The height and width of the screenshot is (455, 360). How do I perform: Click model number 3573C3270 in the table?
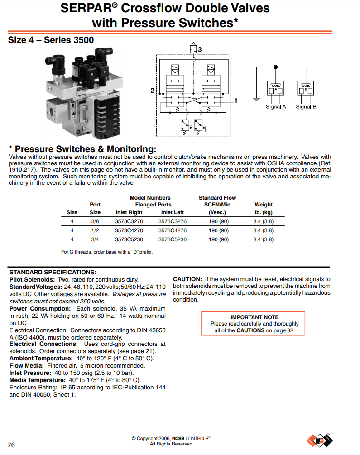tap(129, 222)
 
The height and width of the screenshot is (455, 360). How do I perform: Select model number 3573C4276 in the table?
tap(172, 230)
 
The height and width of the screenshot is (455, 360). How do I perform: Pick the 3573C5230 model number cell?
tap(129, 239)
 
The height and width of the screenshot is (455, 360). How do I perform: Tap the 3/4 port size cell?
tap(95, 239)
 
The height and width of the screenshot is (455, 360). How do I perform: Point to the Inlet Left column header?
tap(172, 212)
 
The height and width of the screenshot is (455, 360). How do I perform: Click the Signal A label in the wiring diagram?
tap(276, 107)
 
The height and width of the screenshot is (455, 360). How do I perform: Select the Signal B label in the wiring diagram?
tap(306, 107)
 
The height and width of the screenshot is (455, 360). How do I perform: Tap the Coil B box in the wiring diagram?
tap(306, 88)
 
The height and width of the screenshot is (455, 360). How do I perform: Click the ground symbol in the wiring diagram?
tap(256, 98)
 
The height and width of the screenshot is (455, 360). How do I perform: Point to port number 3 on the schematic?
tap(199, 49)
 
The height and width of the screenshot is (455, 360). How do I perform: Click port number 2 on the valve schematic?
tap(153, 91)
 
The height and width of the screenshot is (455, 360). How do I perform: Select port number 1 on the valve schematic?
tap(236, 100)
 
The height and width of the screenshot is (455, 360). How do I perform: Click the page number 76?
tap(11, 445)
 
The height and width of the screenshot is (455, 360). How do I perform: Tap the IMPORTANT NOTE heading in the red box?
tap(254, 317)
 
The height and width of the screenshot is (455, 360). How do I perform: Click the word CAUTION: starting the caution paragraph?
tap(187, 279)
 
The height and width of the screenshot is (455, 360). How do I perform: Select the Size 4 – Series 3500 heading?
tap(51, 40)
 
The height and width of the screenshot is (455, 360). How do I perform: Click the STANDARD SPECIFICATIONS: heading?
tap(53, 272)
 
